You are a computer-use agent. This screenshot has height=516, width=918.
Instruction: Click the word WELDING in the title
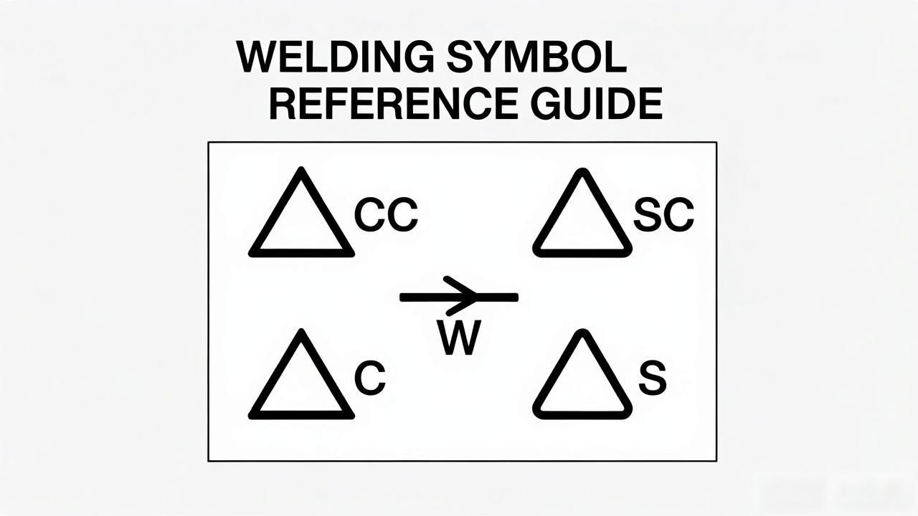(335, 57)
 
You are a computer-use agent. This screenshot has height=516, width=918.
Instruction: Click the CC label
(386, 215)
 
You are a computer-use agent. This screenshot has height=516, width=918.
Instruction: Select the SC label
(663, 215)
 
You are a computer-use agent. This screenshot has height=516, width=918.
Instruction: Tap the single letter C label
(370, 378)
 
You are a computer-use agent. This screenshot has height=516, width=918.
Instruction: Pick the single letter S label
(653, 378)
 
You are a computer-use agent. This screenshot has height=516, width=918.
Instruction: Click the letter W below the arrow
(458, 338)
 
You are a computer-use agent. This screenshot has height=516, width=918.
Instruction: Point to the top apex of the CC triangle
(301, 168)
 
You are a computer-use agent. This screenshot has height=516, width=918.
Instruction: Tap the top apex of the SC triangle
(582, 170)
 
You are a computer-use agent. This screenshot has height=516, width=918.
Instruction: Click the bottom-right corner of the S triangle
(628, 415)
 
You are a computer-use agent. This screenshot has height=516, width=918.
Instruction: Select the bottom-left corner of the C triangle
(251, 417)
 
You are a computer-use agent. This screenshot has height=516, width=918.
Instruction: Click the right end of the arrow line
(517, 297)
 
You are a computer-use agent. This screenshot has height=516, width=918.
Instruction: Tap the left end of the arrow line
(401, 297)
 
